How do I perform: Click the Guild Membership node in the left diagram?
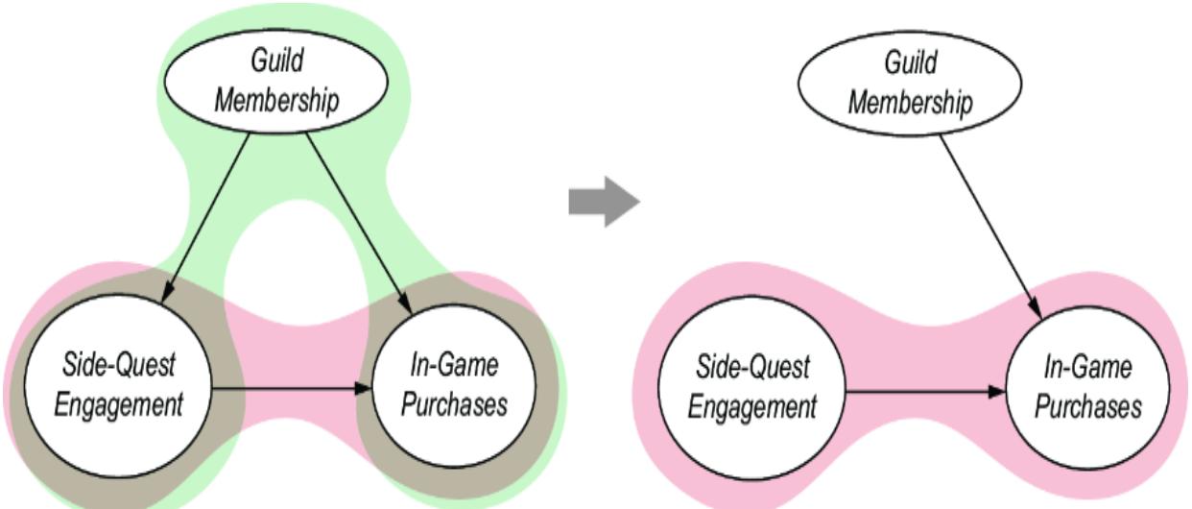click(276, 83)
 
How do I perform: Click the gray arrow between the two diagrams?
click(604, 205)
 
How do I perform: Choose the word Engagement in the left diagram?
click(118, 405)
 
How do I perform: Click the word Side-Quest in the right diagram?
click(752, 367)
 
